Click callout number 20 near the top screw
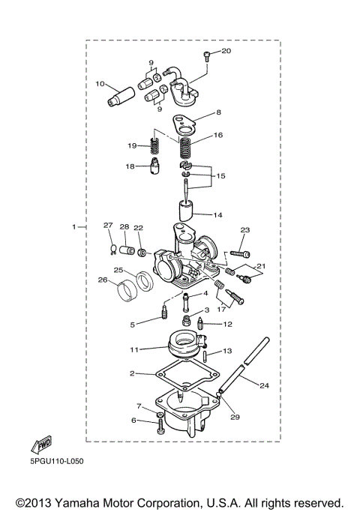tap(226, 51)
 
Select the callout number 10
tap(100, 84)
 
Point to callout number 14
tap(217, 215)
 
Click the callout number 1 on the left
tap(73, 226)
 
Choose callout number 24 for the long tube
tap(263, 386)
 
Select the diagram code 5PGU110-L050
tap(57, 461)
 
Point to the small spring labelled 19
tap(156, 146)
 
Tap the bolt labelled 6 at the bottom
tap(161, 427)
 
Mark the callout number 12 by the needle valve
tap(227, 325)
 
